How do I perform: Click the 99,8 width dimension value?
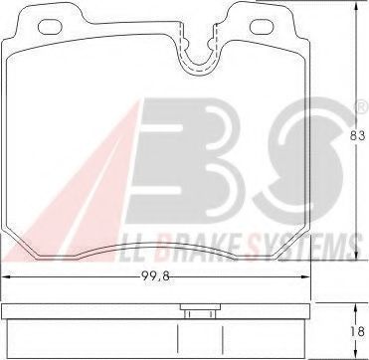click(x=155, y=277)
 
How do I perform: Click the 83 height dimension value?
click(x=358, y=135)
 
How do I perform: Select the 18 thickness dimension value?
click(x=358, y=332)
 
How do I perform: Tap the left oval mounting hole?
click(x=50, y=27)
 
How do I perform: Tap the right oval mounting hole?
click(x=262, y=27)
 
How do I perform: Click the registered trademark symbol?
click(x=362, y=106)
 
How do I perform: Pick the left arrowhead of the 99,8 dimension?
click(x=7, y=277)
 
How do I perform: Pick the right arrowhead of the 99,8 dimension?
click(x=304, y=277)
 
